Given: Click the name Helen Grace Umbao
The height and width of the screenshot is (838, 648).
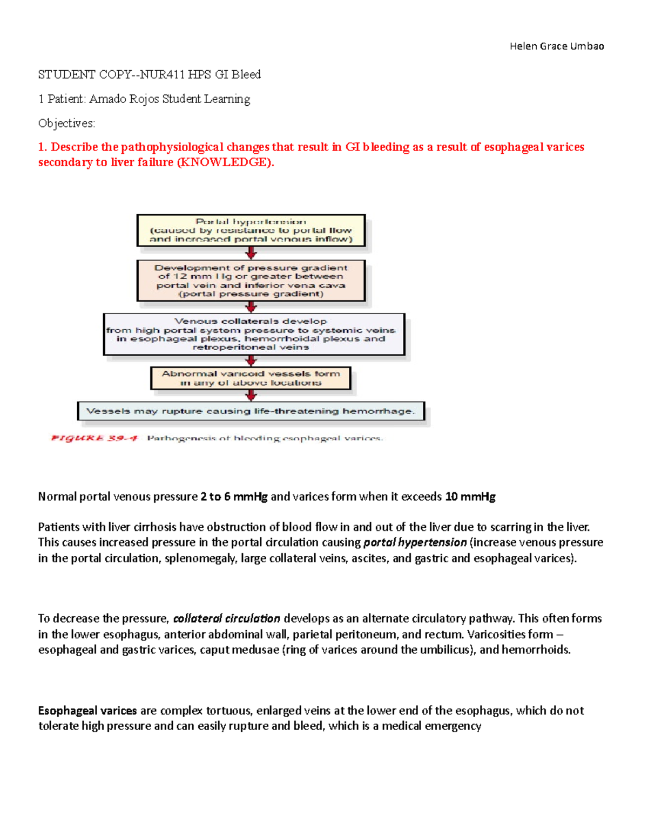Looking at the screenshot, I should [556, 46].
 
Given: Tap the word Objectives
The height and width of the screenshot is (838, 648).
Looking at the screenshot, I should [66, 124].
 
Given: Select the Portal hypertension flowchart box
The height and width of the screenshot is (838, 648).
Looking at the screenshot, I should [251, 230].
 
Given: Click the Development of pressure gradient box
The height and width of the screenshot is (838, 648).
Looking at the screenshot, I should [251, 281].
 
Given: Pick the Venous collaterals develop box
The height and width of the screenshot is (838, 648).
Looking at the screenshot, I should [254, 334].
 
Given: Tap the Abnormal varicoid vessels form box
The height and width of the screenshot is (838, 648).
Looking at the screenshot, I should [251, 378].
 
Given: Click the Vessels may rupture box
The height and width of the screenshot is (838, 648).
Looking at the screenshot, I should [251, 411].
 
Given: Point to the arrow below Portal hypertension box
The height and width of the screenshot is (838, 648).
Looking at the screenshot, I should [251, 253].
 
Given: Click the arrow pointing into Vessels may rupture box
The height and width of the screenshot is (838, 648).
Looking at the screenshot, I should [251, 396].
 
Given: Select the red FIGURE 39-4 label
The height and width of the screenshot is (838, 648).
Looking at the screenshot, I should [94, 438].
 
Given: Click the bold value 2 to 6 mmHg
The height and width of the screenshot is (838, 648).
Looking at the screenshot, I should [234, 496].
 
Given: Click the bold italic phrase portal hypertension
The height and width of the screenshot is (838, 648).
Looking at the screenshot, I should [415, 542].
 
